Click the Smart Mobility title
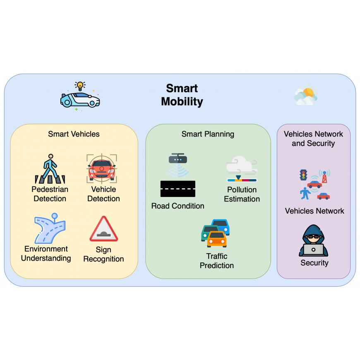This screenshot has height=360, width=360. pyautogui.click(x=182, y=95)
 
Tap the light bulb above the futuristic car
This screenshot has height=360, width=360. pyautogui.click(x=80, y=86)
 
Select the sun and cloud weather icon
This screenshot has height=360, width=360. pyautogui.click(x=306, y=96)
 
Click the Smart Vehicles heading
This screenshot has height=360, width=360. pyautogui.click(x=74, y=134)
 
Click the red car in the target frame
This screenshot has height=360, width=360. pyautogui.click(x=102, y=168)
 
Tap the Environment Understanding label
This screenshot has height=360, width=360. pyautogui.click(x=46, y=254)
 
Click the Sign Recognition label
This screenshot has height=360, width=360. pyautogui.click(x=103, y=254)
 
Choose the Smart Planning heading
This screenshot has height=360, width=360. pyautogui.click(x=208, y=134)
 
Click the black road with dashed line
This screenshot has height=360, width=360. pyautogui.click(x=178, y=189)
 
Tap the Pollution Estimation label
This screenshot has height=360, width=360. pyautogui.click(x=242, y=194)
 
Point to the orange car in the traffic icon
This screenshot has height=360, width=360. pyautogui.click(x=217, y=239)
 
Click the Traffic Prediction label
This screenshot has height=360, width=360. pyautogui.click(x=217, y=261)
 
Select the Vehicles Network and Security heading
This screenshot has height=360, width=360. pyautogui.click(x=313, y=139)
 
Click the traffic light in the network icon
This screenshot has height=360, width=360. pyautogui.click(x=303, y=175)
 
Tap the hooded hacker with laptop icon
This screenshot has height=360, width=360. pyautogui.click(x=314, y=241)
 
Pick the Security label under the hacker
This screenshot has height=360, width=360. pyautogui.click(x=314, y=263)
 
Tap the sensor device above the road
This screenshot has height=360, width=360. pyautogui.click(x=178, y=159)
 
